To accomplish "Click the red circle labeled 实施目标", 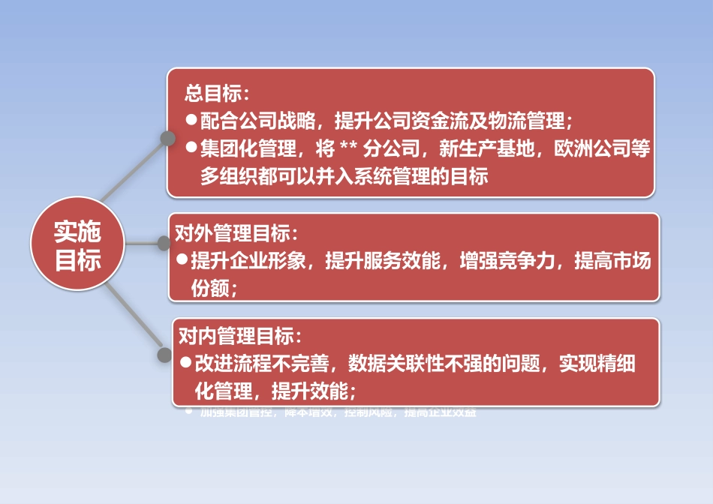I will [77, 245].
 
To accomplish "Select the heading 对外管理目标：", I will [237, 233].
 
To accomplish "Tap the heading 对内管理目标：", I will [241, 335].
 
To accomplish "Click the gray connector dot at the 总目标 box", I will [166, 138].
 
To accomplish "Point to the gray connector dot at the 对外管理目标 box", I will [164, 243].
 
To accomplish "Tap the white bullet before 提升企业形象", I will [182, 260].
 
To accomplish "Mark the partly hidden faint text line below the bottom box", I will [338, 412].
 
